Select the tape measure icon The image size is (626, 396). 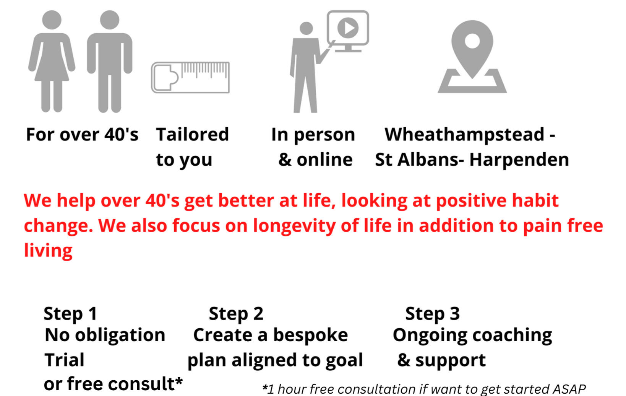coord(190,77)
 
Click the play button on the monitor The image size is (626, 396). coord(348,28)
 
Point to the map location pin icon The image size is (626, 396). coord(472,56)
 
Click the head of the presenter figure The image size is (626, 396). coord(306,28)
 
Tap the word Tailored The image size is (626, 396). coord(192,134)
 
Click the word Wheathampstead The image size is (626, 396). coord(464,135)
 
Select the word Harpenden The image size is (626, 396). coord(519,160)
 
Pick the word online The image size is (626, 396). coord(324,160)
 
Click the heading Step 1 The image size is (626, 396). coord(70,314)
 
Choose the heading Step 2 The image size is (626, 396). coord(236,314)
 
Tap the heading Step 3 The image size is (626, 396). coord(432,314)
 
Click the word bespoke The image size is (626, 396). coord(310,335)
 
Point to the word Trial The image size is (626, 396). coord(64,360)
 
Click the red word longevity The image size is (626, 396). coord(294,226)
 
